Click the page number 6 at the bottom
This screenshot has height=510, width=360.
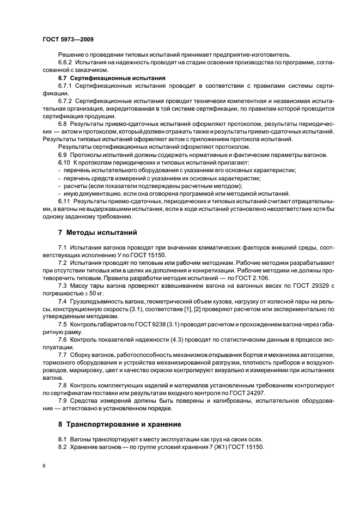click(44, 466)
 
